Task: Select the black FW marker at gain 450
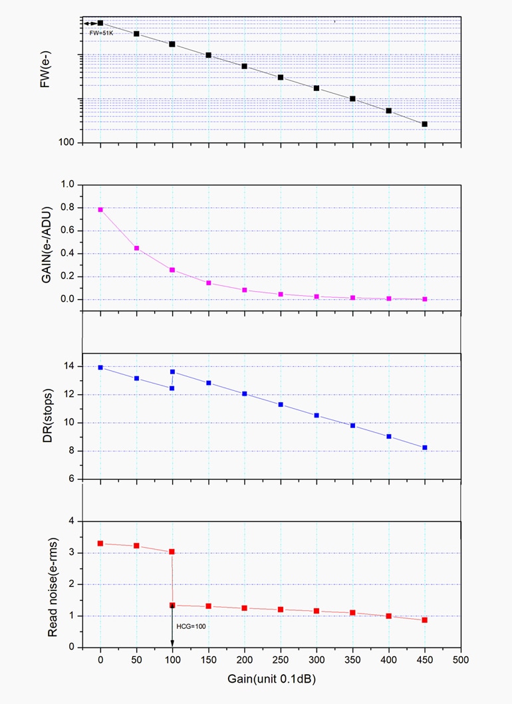[x=424, y=124]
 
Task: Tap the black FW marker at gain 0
[x=100, y=23]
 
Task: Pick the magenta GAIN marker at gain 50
[x=136, y=248]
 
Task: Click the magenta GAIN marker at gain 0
[x=100, y=209]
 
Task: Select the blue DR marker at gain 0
[x=100, y=367]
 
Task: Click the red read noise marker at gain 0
[x=100, y=543]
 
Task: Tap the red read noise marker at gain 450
[x=424, y=620]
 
